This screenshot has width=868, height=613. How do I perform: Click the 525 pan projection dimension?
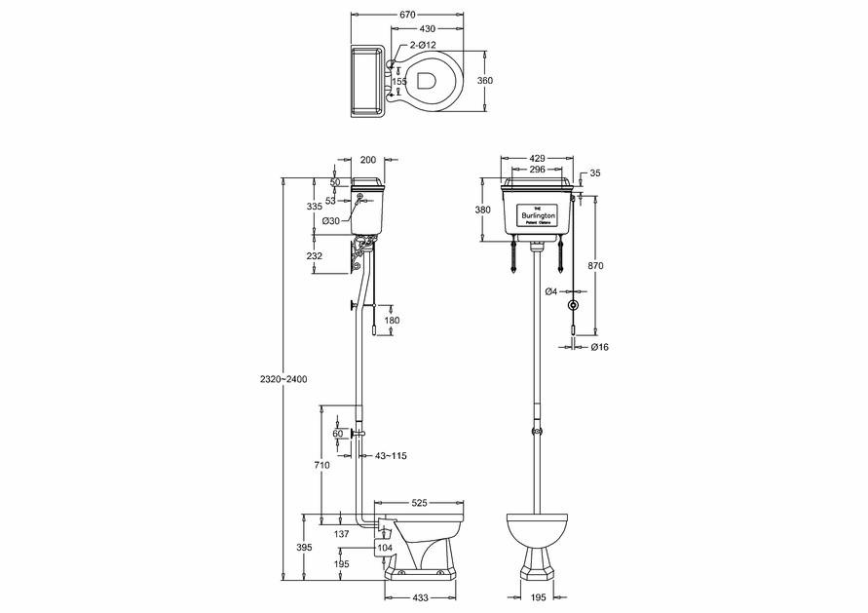(x=419, y=503)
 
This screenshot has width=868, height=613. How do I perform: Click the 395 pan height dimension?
(x=304, y=548)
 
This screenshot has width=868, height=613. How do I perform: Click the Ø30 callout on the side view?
(x=332, y=221)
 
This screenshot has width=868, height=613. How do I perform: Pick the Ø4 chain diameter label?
(x=551, y=291)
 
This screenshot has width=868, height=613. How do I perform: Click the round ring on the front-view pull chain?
(x=575, y=305)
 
